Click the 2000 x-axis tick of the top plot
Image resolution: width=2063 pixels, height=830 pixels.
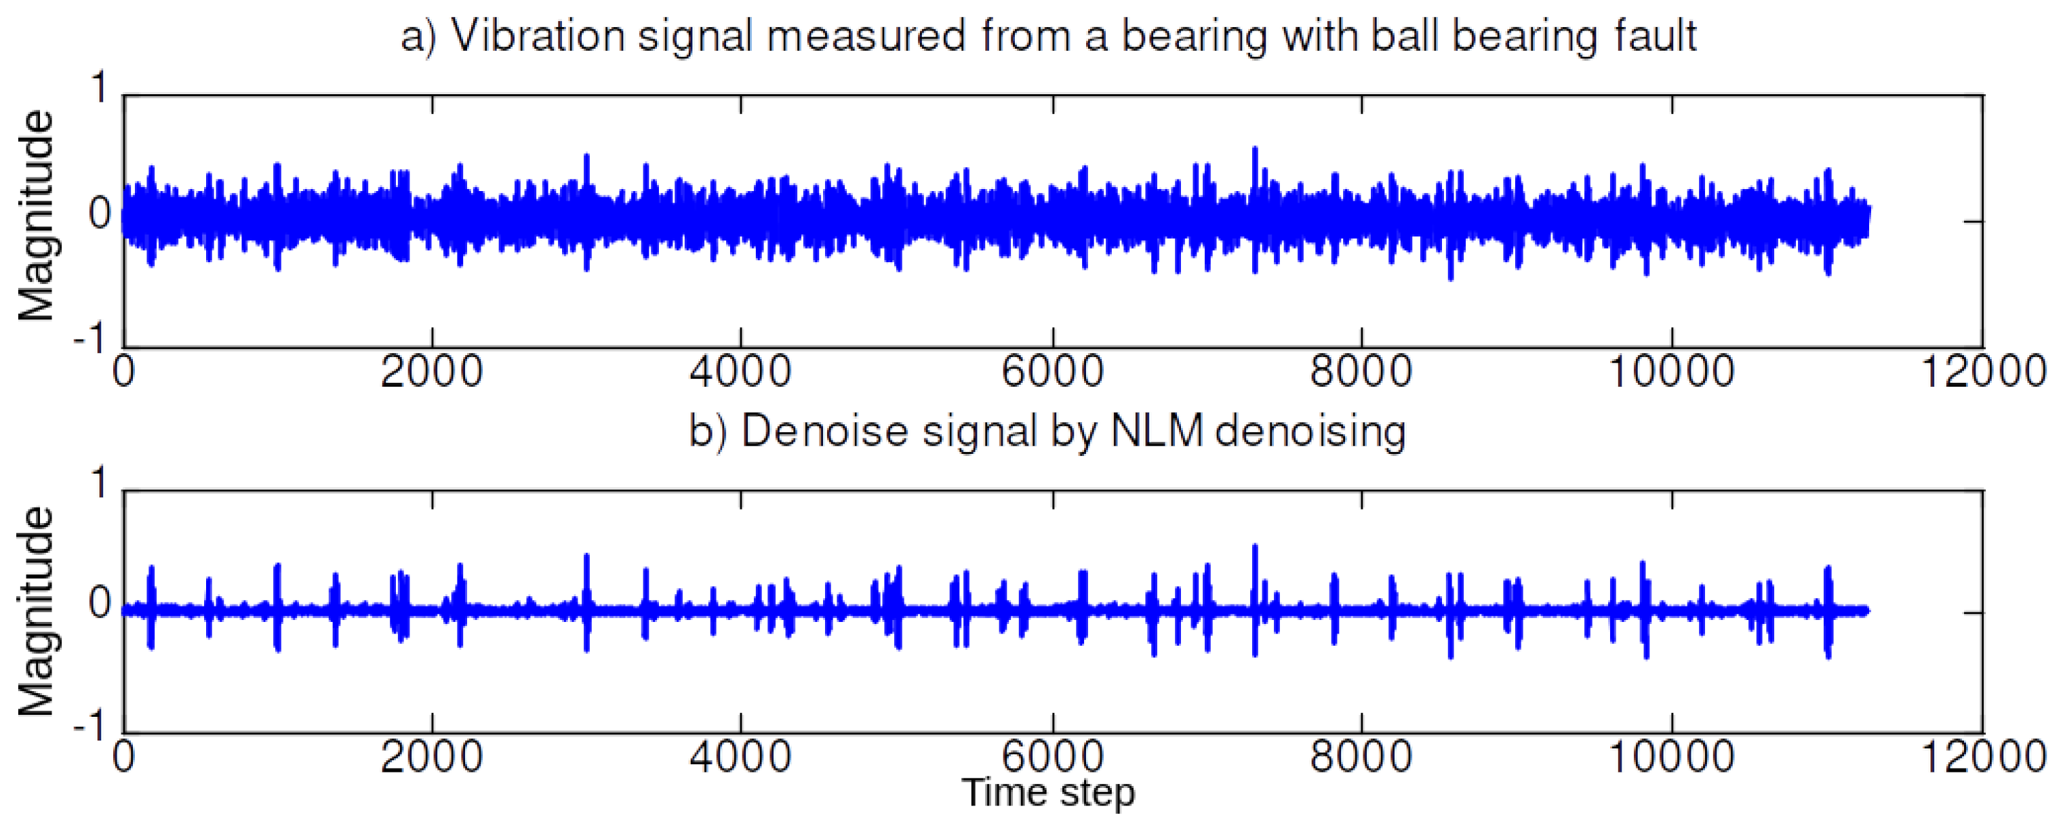pyautogui.click(x=432, y=372)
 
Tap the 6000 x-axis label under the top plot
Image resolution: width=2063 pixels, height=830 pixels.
pyautogui.click(x=1051, y=372)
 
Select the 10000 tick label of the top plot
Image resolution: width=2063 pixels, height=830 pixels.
pyautogui.click(x=1670, y=372)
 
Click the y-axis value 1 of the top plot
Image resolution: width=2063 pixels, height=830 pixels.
pyautogui.click(x=99, y=87)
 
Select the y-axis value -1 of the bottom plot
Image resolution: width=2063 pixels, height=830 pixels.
pyautogui.click(x=90, y=726)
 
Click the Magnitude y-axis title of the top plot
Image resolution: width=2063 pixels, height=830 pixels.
pyautogui.click(x=36, y=216)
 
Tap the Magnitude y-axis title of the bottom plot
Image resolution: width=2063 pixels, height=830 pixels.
pyautogui.click(x=36, y=612)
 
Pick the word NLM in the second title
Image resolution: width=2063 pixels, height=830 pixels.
pyautogui.click(x=1157, y=432)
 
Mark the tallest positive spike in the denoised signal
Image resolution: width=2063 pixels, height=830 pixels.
pyautogui.click(x=1255, y=547)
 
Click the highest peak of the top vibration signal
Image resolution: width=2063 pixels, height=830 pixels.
pyautogui.click(x=1255, y=150)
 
